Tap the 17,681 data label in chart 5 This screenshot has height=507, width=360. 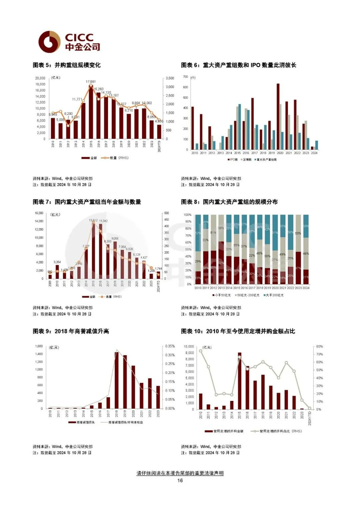[x=91, y=82]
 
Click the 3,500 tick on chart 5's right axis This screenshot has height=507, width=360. [x=169, y=79]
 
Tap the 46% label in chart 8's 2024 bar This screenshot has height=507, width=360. [x=306, y=254]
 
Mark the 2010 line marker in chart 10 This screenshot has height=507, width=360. [x=201, y=351]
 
